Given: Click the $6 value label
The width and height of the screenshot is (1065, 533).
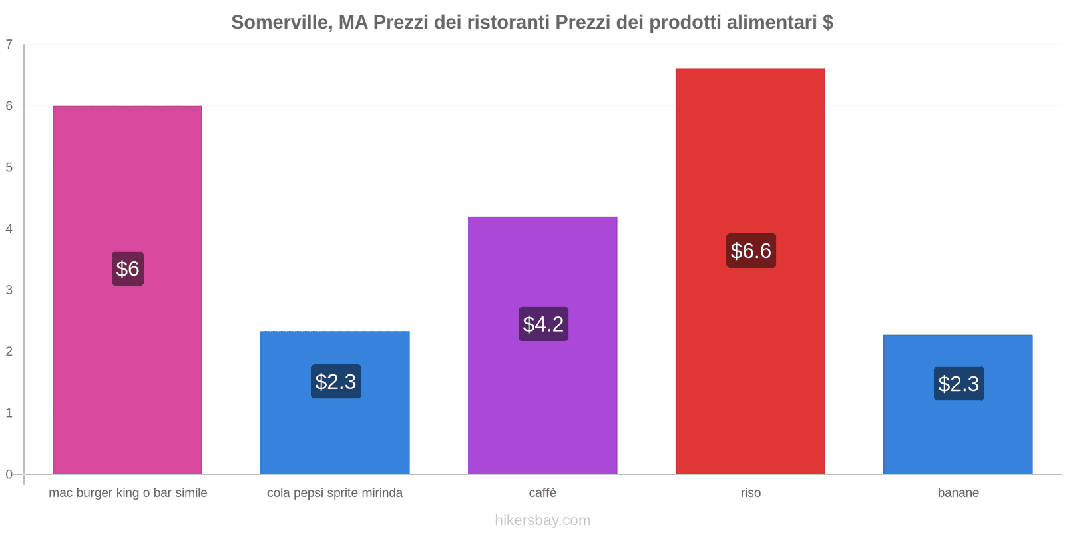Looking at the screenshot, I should (x=128, y=268).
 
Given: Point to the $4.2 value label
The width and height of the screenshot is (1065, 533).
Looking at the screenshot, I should (x=543, y=324).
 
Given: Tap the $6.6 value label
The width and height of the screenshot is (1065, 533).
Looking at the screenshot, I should (x=751, y=251).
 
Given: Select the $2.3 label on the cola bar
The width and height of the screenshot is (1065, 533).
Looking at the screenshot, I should (x=335, y=382).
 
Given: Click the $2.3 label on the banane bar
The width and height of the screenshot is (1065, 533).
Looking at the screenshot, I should (x=958, y=384).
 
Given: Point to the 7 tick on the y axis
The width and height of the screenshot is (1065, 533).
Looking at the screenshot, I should (x=9, y=45).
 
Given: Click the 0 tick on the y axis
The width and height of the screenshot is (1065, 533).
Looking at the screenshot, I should (x=9, y=474).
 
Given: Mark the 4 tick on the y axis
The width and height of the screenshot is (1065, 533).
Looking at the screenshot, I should (x=9, y=229).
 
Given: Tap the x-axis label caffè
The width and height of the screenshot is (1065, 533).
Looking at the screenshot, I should (x=542, y=493).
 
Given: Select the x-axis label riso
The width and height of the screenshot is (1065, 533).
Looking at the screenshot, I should (x=751, y=493).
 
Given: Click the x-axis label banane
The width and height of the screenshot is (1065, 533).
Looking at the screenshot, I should (x=958, y=493).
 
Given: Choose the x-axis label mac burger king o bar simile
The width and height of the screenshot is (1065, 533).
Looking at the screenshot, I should (x=128, y=493).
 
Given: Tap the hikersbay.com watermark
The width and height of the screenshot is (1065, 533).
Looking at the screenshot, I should (x=542, y=520).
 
